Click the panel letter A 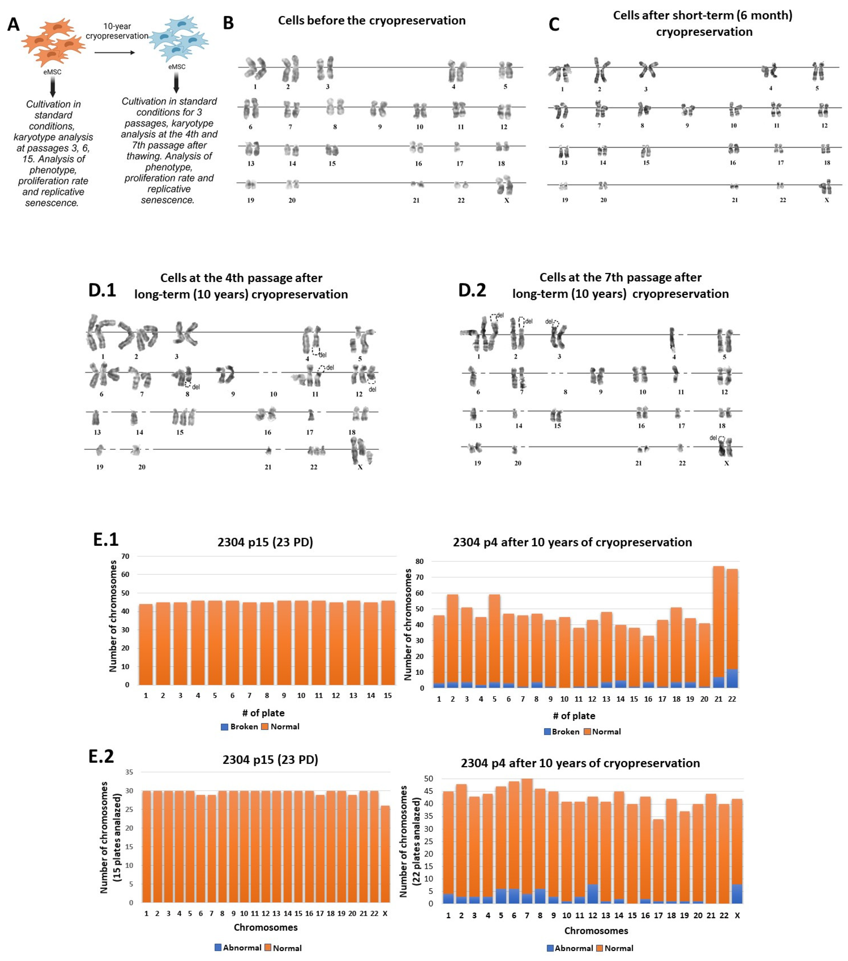[x=14, y=24]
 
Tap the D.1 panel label [x=102, y=290]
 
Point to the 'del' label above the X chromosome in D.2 [x=713, y=438]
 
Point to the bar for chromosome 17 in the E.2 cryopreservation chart [x=658, y=860]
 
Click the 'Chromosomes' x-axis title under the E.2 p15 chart [x=266, y=927]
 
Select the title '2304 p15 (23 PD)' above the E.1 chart [x=265, y=542]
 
